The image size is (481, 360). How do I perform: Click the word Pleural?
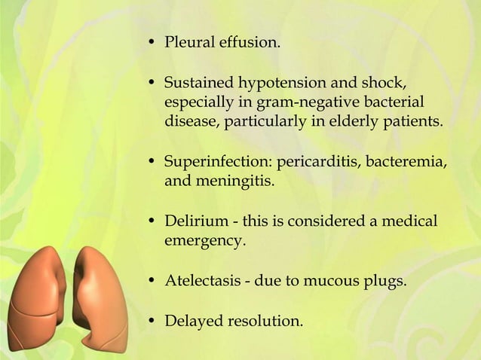(x=189, y=42)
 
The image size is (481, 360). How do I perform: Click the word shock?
(x=387, y=81)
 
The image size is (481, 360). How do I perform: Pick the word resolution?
(x=265, y=322)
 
